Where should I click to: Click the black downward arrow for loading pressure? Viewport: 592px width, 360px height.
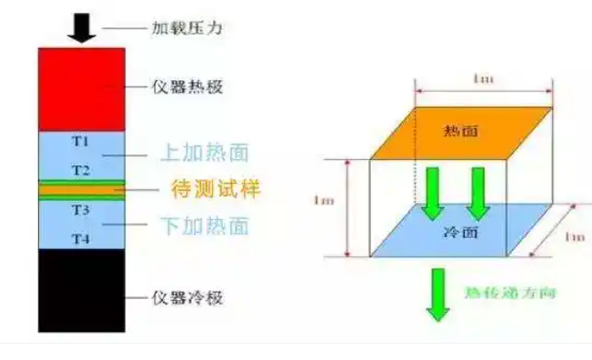[82, 27]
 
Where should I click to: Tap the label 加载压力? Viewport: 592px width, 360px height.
[186, 28]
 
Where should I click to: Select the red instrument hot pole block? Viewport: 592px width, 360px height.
[81, 88]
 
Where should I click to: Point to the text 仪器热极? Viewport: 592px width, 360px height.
[186, 88]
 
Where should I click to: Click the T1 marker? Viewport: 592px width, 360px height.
[81, 142]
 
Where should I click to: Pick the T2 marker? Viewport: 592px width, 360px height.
[81, 170]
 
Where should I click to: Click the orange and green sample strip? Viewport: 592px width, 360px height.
[81, 189]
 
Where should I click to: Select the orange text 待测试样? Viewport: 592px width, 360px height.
[216, 190]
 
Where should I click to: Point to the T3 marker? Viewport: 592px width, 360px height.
[81, 209]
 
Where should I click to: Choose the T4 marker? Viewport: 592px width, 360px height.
[81, 238]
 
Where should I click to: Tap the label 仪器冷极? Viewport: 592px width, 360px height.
[186, 297]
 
